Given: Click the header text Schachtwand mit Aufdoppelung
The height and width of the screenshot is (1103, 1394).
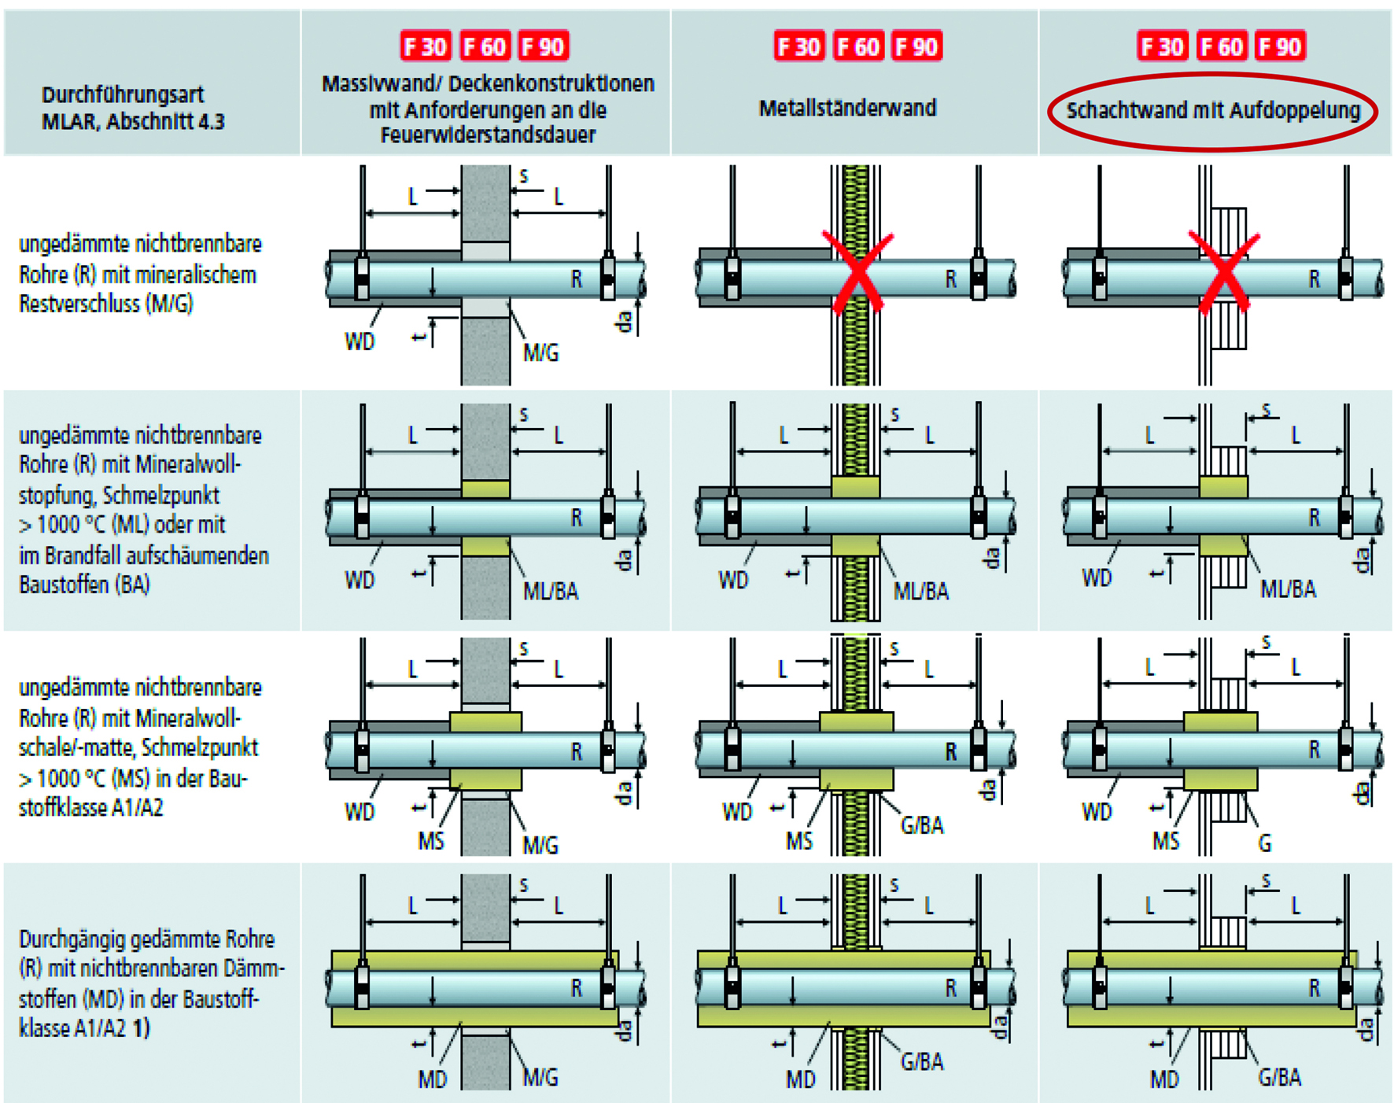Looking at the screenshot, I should point(1212,110).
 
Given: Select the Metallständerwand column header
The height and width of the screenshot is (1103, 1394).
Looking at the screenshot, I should point(847,108).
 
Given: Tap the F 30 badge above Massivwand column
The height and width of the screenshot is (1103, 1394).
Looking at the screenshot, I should point(425,46).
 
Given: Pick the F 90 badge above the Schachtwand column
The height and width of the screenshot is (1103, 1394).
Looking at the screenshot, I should point(1280,46).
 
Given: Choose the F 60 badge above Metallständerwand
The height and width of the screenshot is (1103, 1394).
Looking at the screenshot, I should point(857,46).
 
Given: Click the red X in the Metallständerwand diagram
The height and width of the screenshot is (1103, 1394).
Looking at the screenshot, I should point(857,273).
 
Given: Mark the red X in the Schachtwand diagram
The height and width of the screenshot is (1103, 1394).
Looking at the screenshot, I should point(1224,273).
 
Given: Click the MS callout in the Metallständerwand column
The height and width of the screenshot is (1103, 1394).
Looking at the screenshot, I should point(799,842).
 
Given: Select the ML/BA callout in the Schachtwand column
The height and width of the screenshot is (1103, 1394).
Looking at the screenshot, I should point(1288,589).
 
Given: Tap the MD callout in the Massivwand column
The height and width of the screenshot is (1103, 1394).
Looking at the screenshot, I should point(432,1079).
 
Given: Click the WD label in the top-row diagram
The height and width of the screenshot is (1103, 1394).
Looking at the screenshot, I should point(360,341).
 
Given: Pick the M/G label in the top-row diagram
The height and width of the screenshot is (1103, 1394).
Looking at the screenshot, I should point(541,353).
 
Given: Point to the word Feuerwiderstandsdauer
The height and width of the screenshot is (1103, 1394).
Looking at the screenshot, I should point(488,135).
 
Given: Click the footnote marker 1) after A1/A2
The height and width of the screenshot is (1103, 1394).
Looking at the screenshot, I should point(141,1028).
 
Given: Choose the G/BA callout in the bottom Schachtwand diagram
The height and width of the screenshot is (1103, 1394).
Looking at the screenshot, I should point(1279,1078).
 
